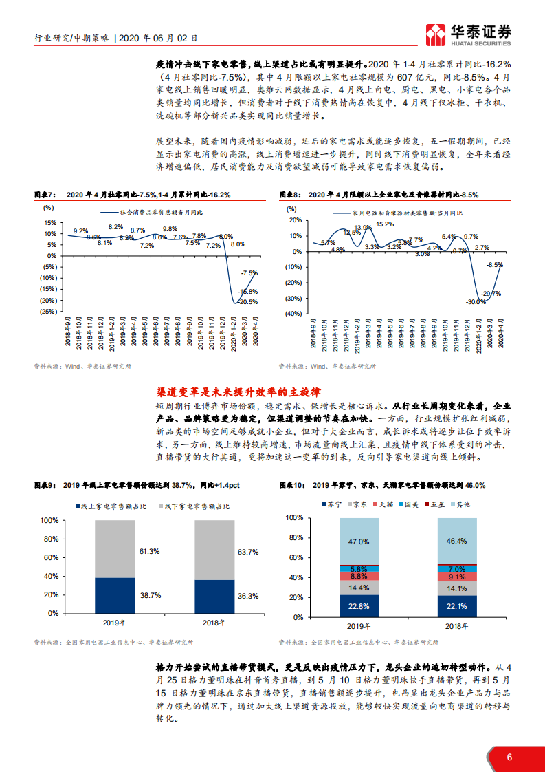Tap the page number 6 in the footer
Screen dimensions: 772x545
click(509, 757)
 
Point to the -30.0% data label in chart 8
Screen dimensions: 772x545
click(475, 302)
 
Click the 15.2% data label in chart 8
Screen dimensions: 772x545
click(385, 224)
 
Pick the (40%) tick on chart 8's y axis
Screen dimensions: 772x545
click(293, 313)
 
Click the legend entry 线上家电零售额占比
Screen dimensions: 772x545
click(111, 506)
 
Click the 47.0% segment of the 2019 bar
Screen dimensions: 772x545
click(359, 542)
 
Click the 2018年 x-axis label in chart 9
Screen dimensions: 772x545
click(215, 623)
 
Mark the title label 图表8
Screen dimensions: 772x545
click(290, 195)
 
